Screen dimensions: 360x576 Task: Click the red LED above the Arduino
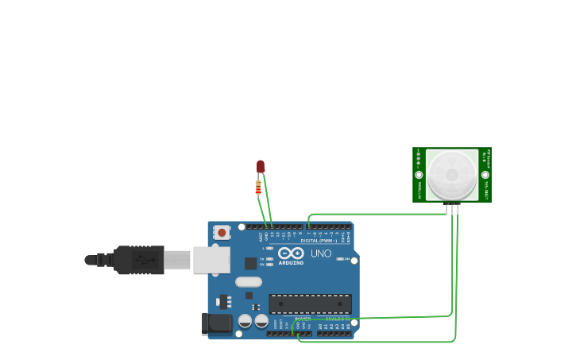click(261, 165)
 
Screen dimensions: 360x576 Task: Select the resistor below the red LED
click(258, 188)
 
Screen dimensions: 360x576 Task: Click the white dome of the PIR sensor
click(452, 175)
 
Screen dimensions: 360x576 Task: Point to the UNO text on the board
click(321, 254)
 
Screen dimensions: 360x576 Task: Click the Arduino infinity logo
click(291, 253)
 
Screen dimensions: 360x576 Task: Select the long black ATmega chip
click(310, 304)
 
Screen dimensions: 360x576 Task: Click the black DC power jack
click(216, 323)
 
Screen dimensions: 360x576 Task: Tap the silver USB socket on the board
click(211, 260)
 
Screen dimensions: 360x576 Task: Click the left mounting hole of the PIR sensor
click(419, 175)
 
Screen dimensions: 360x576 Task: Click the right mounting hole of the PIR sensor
click(485, 175)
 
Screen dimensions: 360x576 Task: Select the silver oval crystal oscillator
click(249, 281)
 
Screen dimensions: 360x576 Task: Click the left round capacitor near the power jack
click(245, 320)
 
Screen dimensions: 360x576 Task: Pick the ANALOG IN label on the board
click(337, 319)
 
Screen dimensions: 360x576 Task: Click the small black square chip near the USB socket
click(250, 263)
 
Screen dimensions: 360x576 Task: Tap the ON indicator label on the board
click(347, 259)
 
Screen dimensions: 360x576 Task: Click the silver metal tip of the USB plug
click(178, 260)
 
